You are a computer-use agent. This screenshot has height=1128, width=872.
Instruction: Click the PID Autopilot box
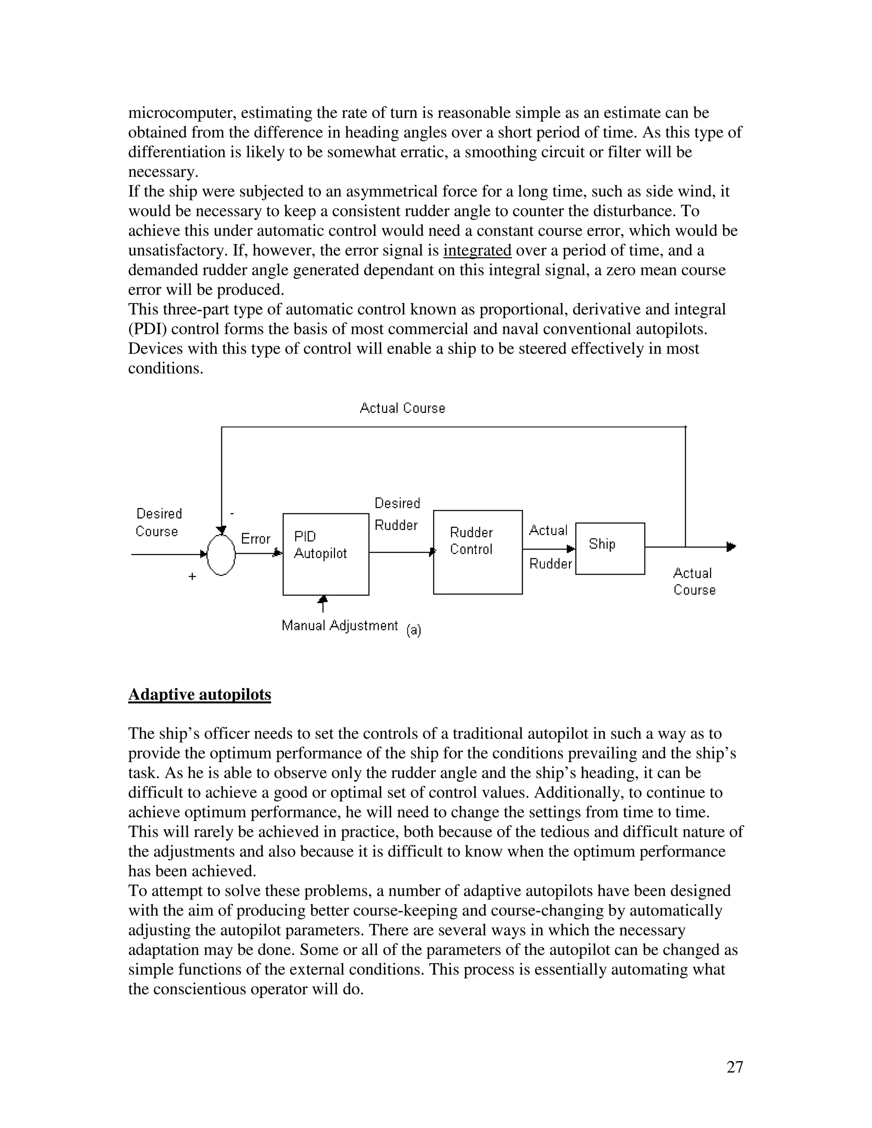pos(325,554)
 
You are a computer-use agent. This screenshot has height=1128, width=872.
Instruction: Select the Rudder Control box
pos(477,552)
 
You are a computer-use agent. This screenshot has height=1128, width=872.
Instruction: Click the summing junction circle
pos(221,554)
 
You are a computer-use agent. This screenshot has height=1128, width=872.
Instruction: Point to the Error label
pos(256,539)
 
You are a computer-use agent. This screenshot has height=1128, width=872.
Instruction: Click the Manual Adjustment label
pos(339,625)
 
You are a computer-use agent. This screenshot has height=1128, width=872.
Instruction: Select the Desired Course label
pos(158,522)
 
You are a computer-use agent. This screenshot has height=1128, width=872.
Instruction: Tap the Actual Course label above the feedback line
pos(402,408)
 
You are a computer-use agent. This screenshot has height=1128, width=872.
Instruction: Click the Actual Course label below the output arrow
pos(694,581)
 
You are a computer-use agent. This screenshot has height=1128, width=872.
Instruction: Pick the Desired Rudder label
pos(397,514)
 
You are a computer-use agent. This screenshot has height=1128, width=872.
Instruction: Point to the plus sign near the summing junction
pos(192,576)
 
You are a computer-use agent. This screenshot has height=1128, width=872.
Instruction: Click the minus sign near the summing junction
pos(232,513)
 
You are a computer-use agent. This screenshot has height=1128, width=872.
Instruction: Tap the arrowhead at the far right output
pos(731,547)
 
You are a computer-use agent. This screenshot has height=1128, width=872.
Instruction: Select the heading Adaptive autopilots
pos(199,695)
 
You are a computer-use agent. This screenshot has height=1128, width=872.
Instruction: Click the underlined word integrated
pos(477,250)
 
